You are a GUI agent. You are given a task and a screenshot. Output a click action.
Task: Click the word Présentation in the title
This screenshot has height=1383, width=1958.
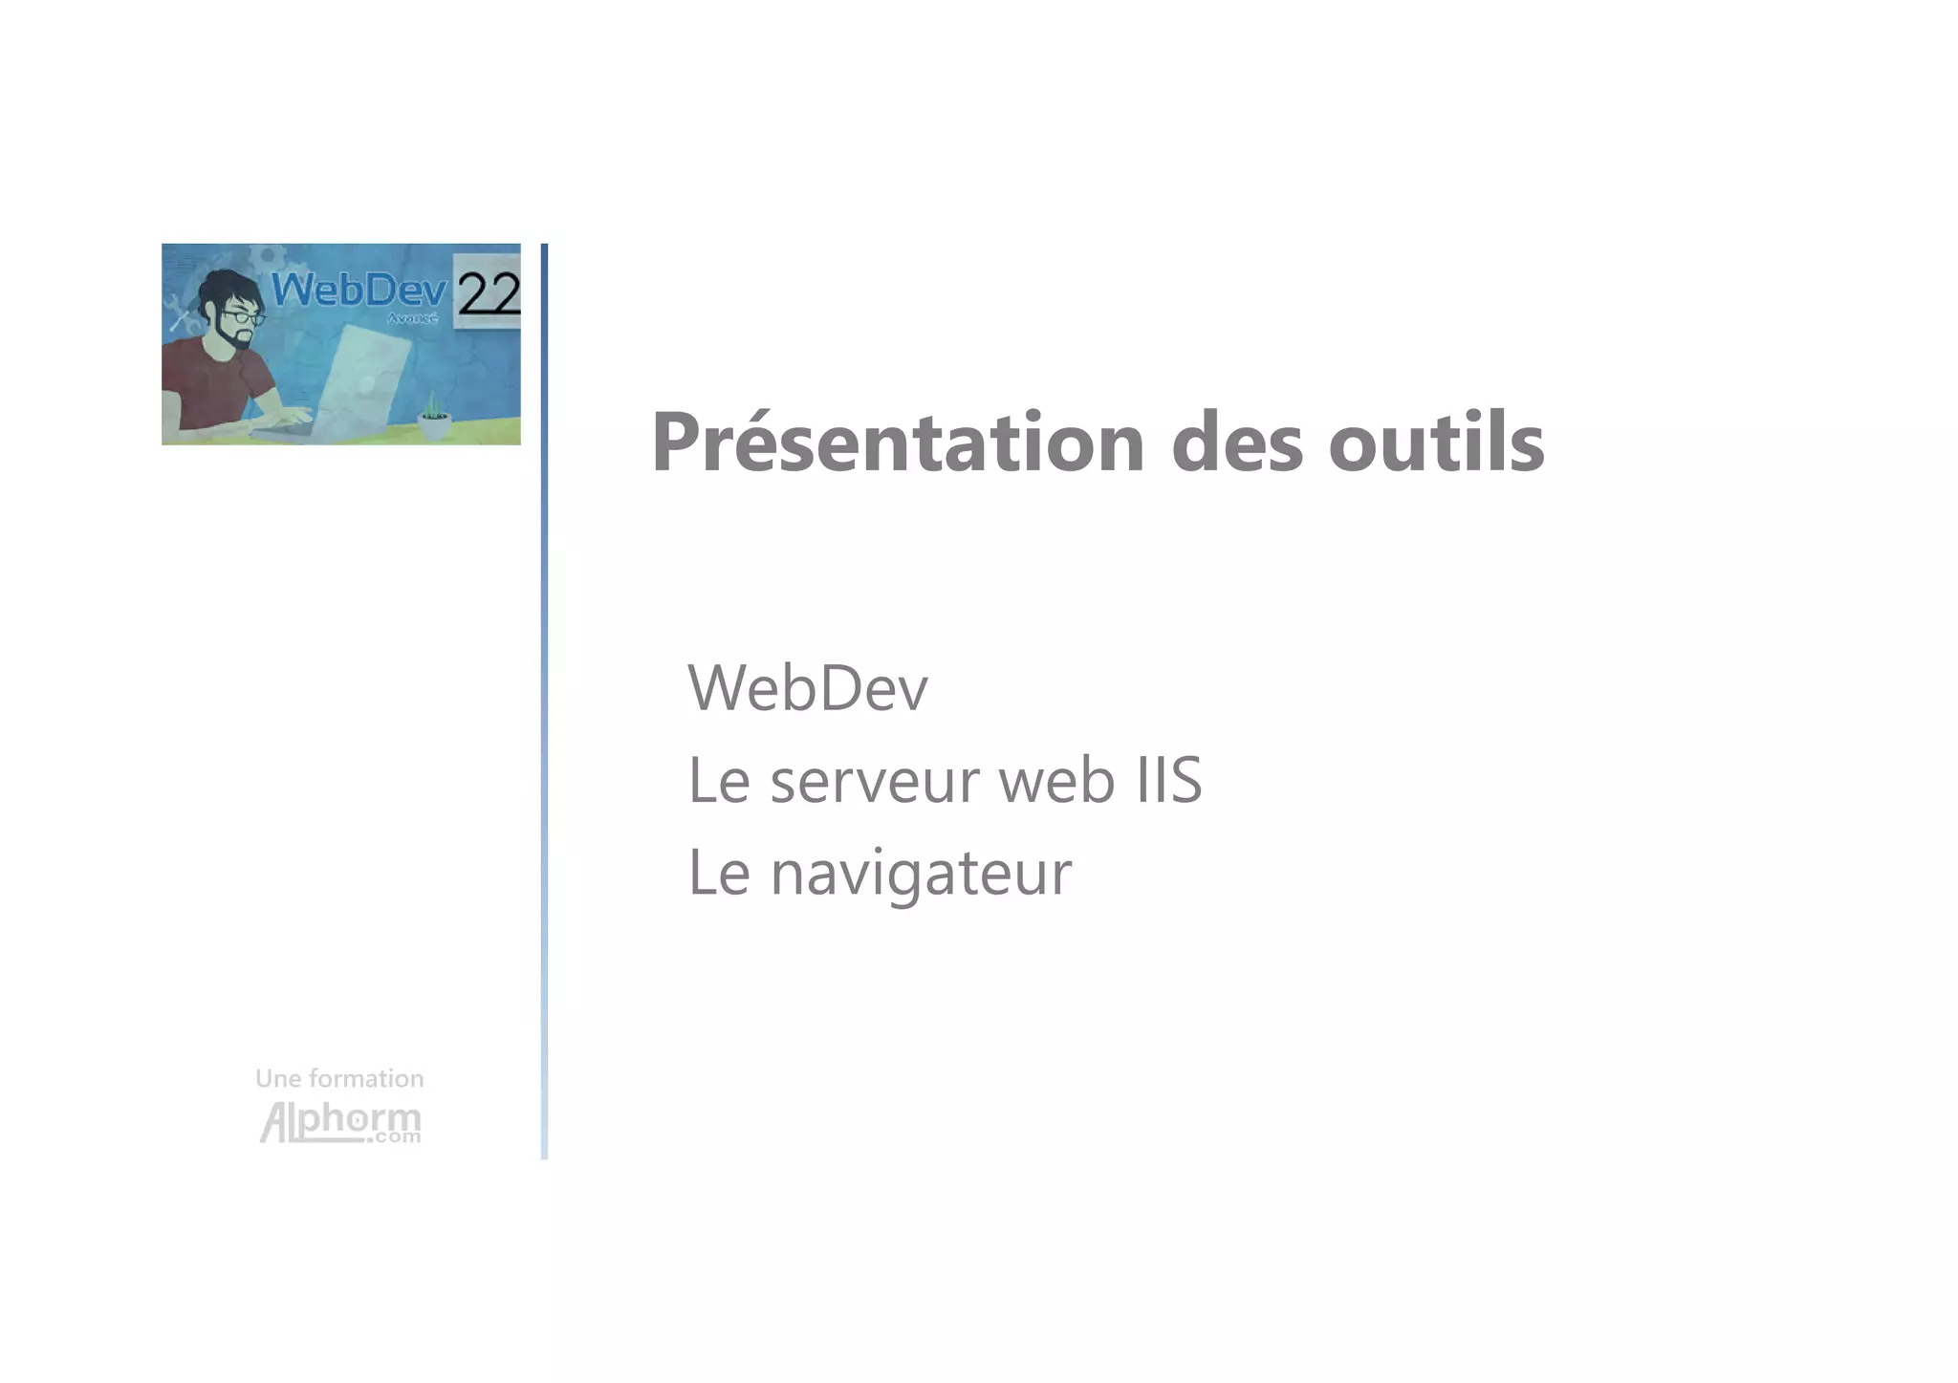click(x=897, y=443)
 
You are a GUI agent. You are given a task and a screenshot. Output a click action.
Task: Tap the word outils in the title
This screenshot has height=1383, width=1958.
click(x=1435, y=443)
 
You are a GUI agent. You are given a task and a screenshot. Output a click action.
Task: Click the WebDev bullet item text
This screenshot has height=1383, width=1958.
click(x=807, y=687)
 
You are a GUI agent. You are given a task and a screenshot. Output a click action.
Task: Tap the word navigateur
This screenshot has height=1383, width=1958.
click(x=921, y=873)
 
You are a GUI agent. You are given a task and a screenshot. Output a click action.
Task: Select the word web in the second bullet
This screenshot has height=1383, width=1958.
click(x=1056, y=780)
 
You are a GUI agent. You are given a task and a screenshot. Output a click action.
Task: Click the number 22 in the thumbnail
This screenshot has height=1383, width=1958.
click(x=488, y=292)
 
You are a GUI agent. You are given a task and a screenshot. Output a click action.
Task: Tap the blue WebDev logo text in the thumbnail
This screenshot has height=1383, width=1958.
click(x=359, y=290)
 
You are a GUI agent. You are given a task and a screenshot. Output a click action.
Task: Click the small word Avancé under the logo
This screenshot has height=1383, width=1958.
click(x=412, y=318)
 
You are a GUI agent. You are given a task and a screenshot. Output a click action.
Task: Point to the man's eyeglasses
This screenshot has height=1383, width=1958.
click(x=243, y=317)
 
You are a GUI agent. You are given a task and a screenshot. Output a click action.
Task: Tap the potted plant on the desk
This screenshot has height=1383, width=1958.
click(x=434, y=417)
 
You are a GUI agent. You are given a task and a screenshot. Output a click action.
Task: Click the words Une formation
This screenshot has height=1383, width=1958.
click(x=339, y=1079)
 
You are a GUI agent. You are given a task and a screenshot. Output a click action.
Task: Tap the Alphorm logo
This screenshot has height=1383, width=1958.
click(x=339, y=1122)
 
